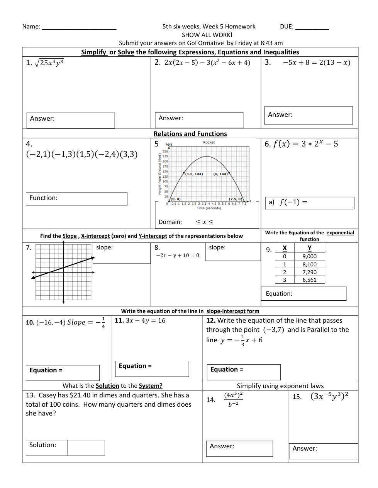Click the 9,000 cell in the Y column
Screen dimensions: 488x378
309,256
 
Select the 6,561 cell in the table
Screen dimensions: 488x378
309,280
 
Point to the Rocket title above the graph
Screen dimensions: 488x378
209,143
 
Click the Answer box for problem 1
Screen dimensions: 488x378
71,120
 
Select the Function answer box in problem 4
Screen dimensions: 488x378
76,199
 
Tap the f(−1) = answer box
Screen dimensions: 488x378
310,203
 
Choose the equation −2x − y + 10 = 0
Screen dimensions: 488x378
178,256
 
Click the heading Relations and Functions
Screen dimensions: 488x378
190,134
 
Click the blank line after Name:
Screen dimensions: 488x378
79,27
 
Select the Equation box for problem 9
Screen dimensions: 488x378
303,294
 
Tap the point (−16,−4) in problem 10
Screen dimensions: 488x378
51,323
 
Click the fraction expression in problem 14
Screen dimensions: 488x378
233,399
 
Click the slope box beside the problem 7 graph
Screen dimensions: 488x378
122,253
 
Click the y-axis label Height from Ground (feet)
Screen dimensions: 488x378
159,174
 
